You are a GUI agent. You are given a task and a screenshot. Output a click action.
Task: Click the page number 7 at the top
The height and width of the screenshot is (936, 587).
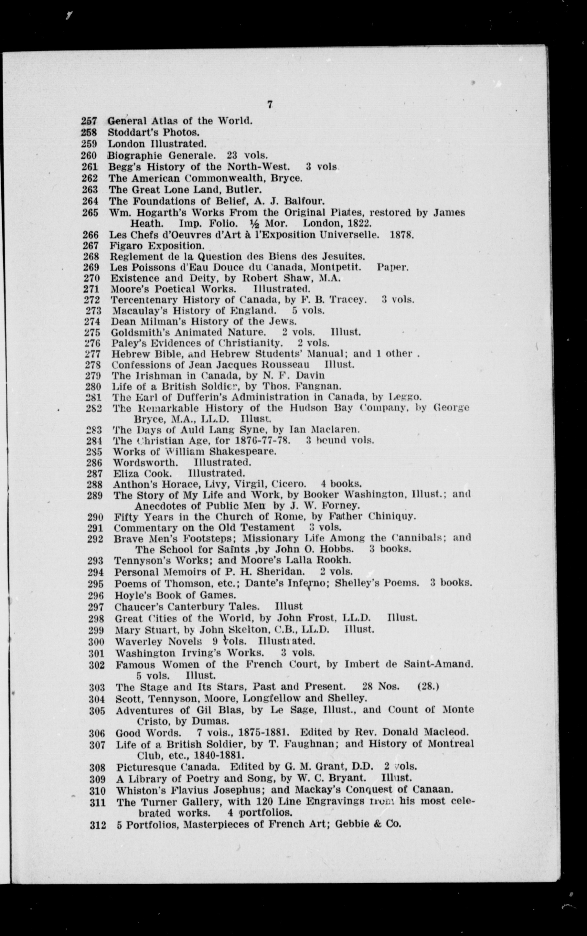[x=270, y=104]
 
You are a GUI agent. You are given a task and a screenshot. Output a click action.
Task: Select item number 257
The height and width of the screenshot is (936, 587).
[x=89, y=121]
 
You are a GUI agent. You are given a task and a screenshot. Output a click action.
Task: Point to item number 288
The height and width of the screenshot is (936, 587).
[x=94, y=484]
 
